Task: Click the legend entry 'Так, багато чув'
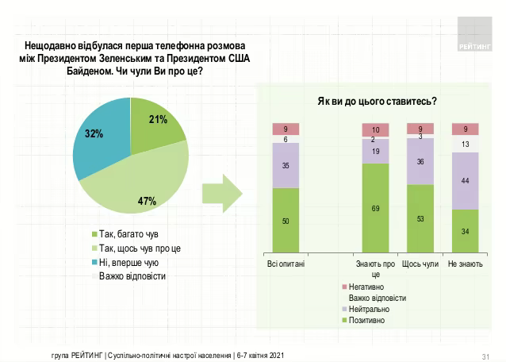123,234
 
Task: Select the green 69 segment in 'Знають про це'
375,208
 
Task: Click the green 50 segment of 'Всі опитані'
286,220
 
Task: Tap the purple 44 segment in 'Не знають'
464,181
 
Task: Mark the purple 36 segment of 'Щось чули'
420,161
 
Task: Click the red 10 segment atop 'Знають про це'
375,129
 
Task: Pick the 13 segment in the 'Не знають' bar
464,144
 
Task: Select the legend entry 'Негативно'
366,286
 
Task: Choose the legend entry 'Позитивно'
366,320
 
